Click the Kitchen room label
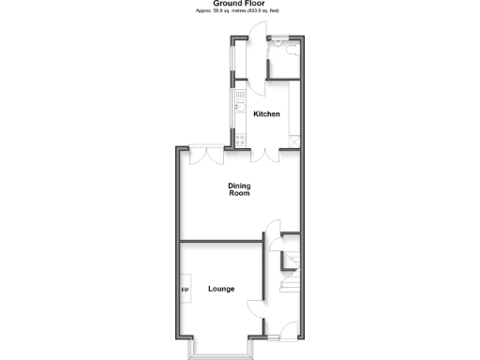(267, 114)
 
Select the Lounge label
(222, 289)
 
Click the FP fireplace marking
(186, 290)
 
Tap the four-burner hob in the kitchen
(240, 139)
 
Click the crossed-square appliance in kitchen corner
(295, 141)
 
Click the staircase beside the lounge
(291, 280)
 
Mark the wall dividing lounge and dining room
(220, 240)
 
